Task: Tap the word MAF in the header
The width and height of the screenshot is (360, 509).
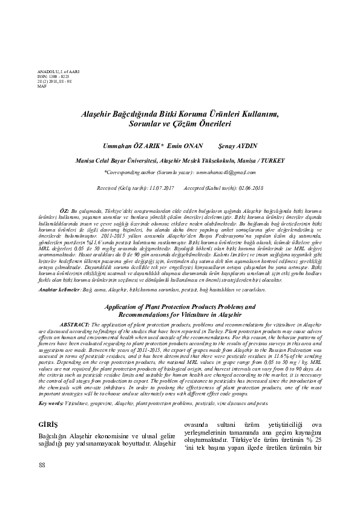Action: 42,87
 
